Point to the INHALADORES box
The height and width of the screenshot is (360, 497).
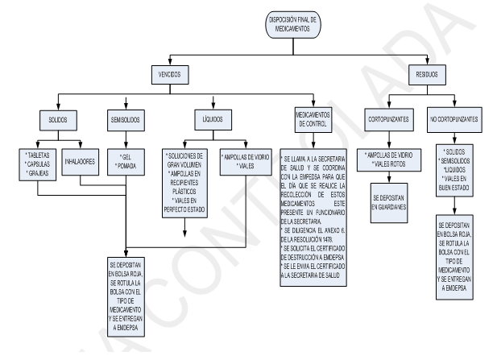(81, 161)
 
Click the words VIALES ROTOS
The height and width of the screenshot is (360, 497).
(391, 163)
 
